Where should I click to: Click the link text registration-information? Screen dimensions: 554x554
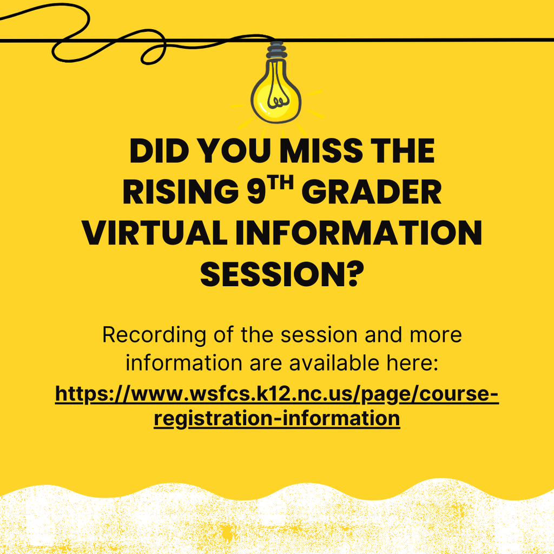276,418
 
